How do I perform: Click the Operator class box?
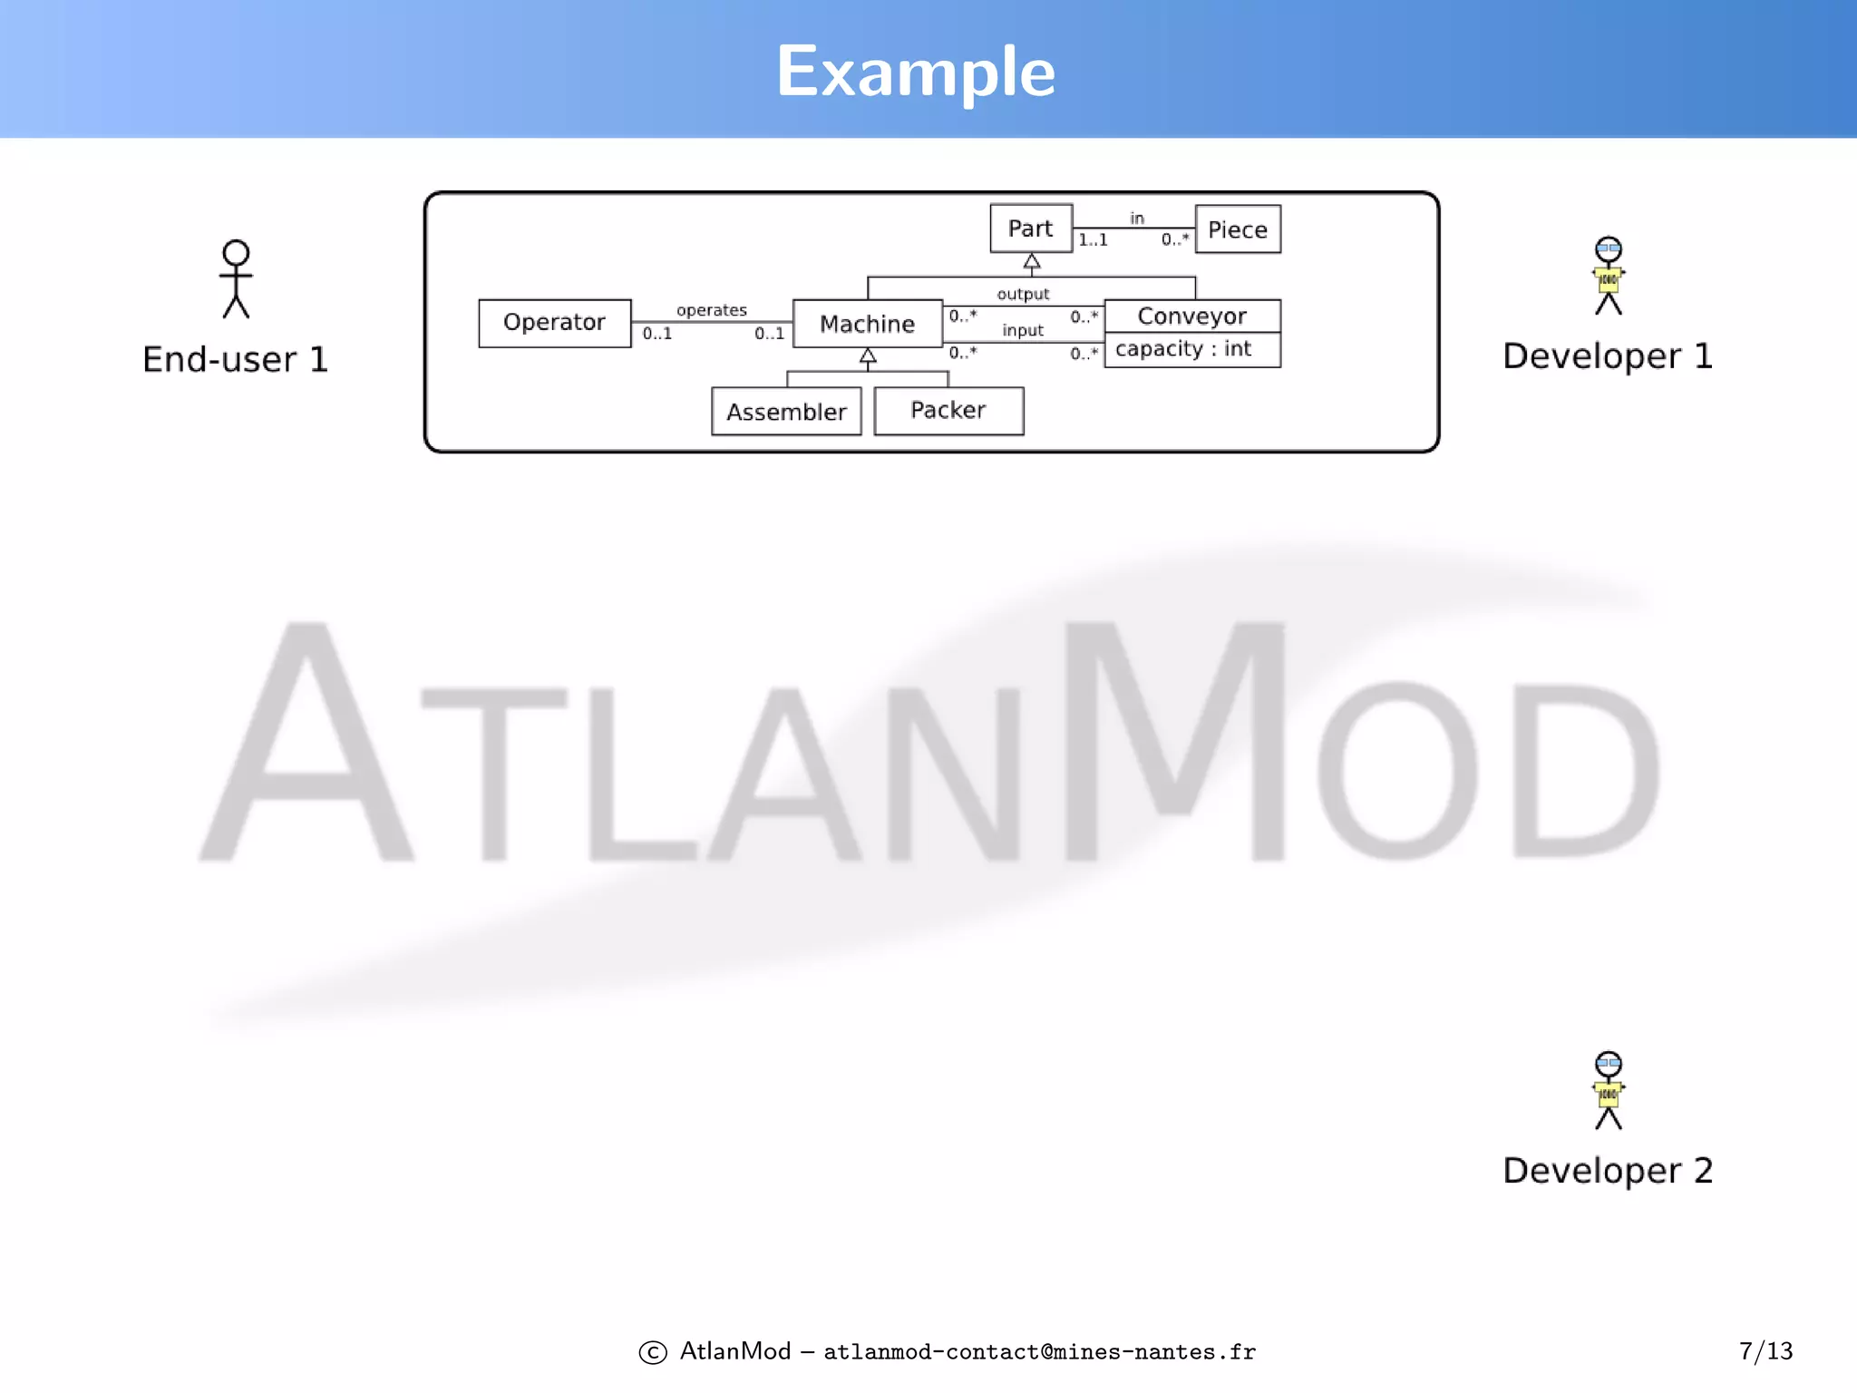pos(554,323)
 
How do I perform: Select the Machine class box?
pos(867,324)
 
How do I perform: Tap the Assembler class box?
pos(786,412)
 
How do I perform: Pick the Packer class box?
pos(948,411)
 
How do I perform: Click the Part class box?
pos(1031,229)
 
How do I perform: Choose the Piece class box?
pos(1238,229)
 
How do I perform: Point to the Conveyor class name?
pos(1191,316)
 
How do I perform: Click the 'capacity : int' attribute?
pos(1183,349)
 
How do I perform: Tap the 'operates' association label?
pos(712,310)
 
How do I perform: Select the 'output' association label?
pos(1023,294)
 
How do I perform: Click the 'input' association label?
pos(1023,330)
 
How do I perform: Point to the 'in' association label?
pos(1137,218)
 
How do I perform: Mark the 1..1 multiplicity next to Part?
pos(1093,240)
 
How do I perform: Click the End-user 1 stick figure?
pos(236,278)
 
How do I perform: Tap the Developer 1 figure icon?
pos(1609,276)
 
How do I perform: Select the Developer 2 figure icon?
pos(1609,1090)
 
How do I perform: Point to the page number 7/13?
pos(1765,1351)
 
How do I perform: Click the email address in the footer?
pos(1039,1352)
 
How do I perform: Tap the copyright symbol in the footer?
pos(653,1352)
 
